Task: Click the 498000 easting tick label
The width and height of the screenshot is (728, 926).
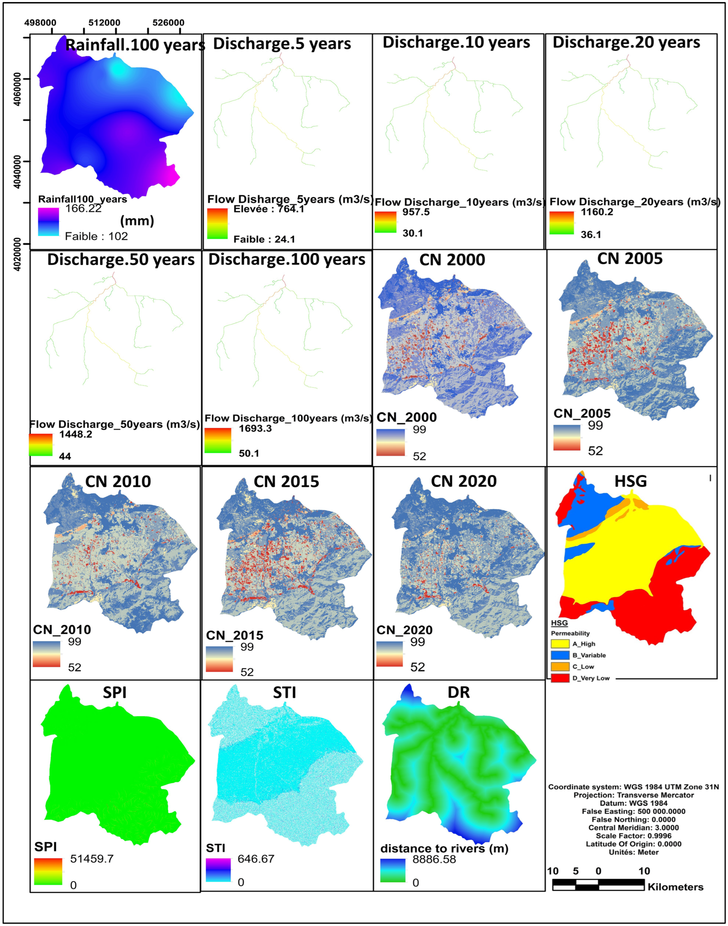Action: click(x=40, y=23)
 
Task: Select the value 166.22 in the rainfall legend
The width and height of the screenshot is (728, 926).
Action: click(x=83, y=208)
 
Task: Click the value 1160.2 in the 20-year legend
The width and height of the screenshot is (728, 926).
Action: click(x=597, y=212)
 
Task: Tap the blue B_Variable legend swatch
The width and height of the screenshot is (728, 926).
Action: click(x=560, y=655)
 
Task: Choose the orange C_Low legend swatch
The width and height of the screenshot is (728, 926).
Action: click(x=560, y=666)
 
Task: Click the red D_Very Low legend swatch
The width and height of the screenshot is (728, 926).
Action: click(x=560, y=678)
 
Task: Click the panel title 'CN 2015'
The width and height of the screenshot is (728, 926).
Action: click(x=286, y=482)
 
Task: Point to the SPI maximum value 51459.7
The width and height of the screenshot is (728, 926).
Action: click(x=92, y=858)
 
